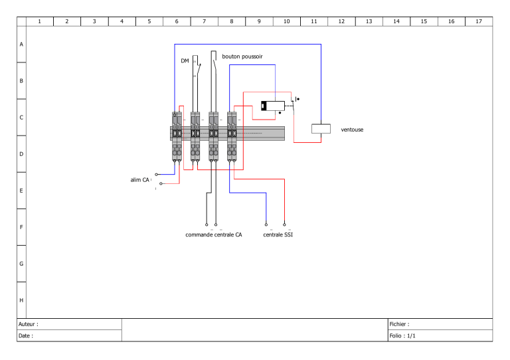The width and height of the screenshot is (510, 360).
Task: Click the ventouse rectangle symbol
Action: pos(321,129)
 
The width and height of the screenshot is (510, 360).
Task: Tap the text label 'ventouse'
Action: pos(352,130)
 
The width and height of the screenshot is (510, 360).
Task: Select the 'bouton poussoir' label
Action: pos(242,57)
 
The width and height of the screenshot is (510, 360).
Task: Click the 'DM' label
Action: pos(185,61)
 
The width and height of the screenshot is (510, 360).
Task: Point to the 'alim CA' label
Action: pos(139,179)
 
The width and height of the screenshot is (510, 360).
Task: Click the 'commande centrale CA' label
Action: pos(213,234)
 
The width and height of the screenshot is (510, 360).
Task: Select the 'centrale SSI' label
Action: pos(278,234)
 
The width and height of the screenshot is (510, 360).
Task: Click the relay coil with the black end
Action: pos(273,105)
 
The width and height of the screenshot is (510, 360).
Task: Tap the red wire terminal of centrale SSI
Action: pos(284,224)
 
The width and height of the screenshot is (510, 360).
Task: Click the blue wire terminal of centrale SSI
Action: pos(266,224)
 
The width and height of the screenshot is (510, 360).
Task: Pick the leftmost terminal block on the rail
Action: pos(177,135)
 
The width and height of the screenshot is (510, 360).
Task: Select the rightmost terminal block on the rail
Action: pos(232,135)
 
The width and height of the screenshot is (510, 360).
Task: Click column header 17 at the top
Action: pos(478,21)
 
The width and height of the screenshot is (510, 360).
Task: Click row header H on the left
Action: pos(21,300)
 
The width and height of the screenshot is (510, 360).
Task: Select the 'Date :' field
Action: pos(26,336)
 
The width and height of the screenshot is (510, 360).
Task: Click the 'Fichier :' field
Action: pos(400,324)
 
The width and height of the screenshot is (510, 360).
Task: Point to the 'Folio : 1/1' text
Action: pos(403,336)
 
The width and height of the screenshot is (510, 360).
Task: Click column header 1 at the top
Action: pos(39,21)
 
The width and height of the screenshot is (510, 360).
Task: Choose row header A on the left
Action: pos(21,45)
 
